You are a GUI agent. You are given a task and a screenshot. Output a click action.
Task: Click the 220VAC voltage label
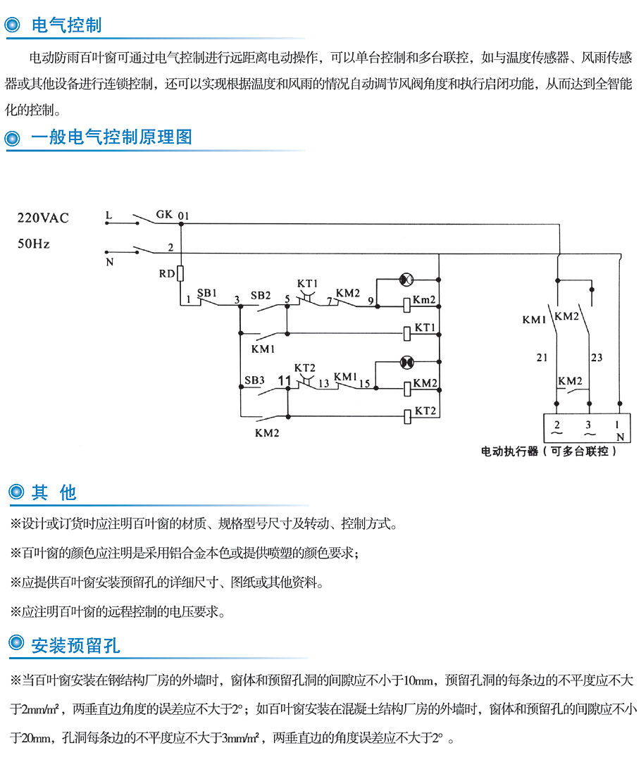pos(43,218)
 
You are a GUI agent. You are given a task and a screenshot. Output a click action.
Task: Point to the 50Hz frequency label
pos(34,244)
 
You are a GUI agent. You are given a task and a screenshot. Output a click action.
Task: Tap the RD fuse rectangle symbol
pos(181,273)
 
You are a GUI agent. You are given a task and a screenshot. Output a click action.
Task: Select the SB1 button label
pos(206,292)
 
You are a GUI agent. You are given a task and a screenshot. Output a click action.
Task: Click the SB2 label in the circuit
pos(261,295)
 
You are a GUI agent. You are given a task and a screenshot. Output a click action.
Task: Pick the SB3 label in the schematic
pos(254,380)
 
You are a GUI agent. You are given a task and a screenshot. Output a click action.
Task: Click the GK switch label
pos(164,213)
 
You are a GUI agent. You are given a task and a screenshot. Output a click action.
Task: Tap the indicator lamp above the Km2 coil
pos(406,280)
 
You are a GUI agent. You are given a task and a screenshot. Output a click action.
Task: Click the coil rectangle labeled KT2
pos(407,415)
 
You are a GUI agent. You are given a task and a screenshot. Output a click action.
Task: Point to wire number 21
pos(542,358)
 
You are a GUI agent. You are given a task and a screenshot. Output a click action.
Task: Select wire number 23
pos(597,358)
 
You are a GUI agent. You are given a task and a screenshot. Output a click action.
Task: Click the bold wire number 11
pos(285,381)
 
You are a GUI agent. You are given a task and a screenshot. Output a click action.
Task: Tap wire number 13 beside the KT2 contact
pos(323,384)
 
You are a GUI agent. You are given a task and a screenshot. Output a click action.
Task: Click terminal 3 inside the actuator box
pos(589,425)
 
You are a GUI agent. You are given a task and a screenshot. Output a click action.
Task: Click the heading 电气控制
pos(67,25)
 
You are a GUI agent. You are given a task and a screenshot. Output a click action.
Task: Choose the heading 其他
pos(54,492)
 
